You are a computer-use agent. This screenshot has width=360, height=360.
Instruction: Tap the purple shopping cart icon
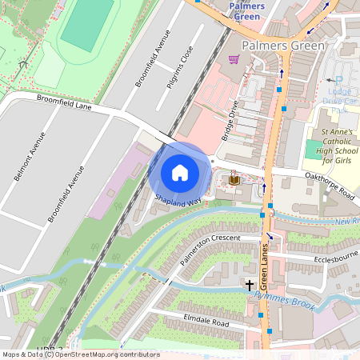pyautogui.click(x=234, y=59)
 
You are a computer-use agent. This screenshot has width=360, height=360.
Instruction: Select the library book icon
pyautogui.click(x=234, y=180)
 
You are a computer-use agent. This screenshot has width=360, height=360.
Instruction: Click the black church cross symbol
pyautogui.click(x=249, y=285)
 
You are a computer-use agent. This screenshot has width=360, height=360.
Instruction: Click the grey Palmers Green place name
pyautogui.click(x=283, y=46)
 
